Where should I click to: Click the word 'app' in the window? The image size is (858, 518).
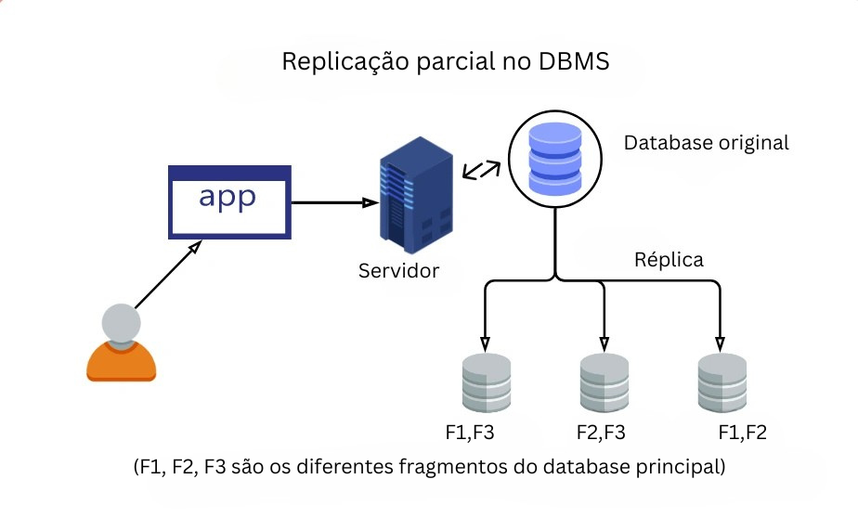227,199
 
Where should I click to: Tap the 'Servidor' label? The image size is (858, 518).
398,272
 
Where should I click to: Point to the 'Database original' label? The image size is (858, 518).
706,143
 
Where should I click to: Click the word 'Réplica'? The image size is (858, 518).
669,259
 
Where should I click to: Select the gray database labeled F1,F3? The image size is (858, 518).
487,383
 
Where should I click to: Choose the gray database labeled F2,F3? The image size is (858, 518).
604,383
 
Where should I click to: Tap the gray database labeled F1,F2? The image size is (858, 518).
722,383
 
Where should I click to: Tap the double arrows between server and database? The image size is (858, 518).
481,169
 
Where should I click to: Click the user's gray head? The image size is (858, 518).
121,324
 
